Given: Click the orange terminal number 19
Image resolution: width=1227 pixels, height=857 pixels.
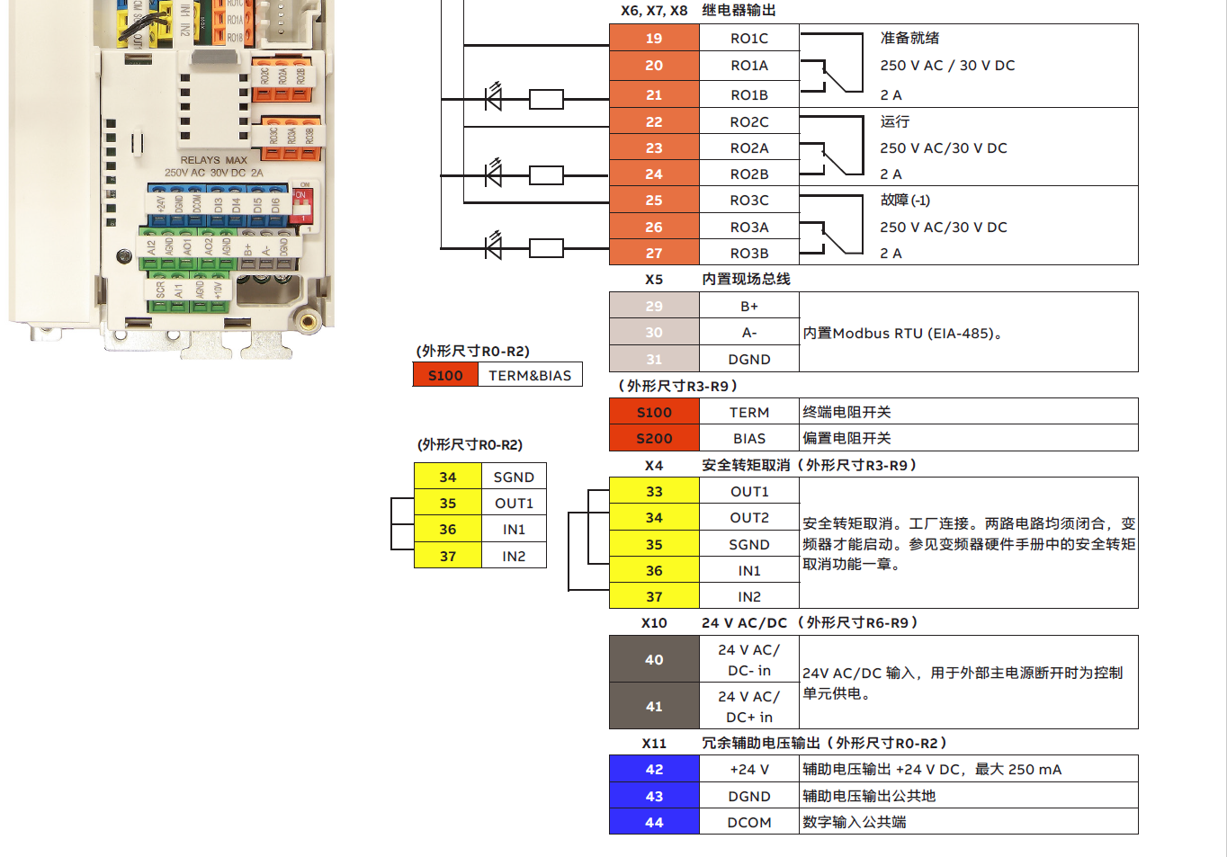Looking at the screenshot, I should click(x=654, y=38).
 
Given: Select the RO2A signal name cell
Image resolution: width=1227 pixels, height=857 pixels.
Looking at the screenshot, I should click(x=748, y=147).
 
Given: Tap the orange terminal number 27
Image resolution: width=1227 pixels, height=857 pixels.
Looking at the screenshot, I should click(x=654, y=253).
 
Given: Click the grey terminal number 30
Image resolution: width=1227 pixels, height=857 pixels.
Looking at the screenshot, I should click(x=654, y=332).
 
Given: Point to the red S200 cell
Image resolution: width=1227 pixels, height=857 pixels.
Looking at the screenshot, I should click(x=654, y=438).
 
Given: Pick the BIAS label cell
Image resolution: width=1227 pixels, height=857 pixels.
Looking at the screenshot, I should click(x=748, y=438).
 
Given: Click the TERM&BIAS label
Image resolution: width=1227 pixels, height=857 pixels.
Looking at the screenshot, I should click(x=530, y=375).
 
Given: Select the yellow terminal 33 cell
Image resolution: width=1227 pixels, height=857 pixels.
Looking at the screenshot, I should click(x=654, y=491).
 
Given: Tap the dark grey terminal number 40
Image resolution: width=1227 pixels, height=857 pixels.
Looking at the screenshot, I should click(x=654, y=659).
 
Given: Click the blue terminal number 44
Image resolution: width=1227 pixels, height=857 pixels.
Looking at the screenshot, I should click(x=654, y=822).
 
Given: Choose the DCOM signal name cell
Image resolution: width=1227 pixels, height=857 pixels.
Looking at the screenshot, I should click(x=748, y=822).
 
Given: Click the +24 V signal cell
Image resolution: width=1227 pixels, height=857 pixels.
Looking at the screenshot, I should click(x=748, y=769).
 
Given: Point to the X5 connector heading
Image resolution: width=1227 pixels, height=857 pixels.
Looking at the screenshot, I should click(x=654, y=279).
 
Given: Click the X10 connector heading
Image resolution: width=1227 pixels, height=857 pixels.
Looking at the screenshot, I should click(x=654, y=622).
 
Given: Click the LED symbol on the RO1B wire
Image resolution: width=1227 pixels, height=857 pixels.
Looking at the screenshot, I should click(x=493, y=97).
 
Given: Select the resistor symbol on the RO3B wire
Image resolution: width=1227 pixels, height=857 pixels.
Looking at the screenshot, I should click(x=546, y=247).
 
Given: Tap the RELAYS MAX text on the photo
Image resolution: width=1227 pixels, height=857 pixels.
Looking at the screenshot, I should click(x=213, y=160).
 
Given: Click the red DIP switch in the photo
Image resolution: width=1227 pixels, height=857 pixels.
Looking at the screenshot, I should click(x=301, y=206).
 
